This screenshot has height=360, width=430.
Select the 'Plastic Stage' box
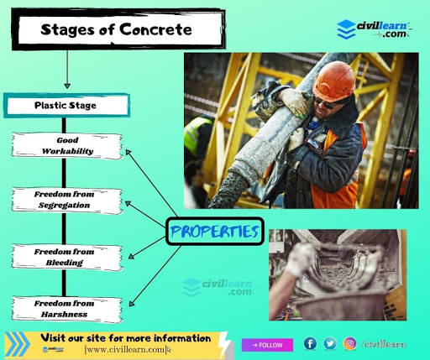(x=66, y=106)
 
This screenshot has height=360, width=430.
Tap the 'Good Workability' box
(x=67, y=145)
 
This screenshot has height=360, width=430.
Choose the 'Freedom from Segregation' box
(x=65, y=200)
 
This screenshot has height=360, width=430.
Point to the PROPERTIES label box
(x=214, y=231)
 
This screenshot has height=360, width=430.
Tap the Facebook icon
(x=310, y=344)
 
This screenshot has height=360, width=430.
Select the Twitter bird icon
(x=329, y=344)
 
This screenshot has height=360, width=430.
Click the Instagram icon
(x=349, y=344)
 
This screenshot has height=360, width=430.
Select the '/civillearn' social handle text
(x=387, y=344)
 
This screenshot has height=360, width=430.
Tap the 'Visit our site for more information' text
(x=126, y=337)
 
